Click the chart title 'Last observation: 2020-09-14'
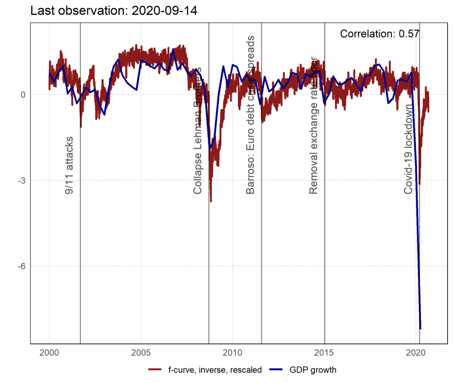pyautogui.click(x=114, y=11)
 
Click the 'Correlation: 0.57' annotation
pyautogui.click(x=380, y=34)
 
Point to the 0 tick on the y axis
pyautogui.click(x=23, y=95)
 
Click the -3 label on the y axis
pyautogui.click(x=22, y=180)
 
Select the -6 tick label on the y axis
pyautogui.click(x=22, y=266)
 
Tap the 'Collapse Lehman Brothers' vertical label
pyautogui.click(x=198, y=131)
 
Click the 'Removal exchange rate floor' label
pyautogui.click(x=314, y=126)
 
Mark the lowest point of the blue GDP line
pyautogui.click(x=420, y=328)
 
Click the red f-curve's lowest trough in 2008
pyautogui.click(x=211, y=201)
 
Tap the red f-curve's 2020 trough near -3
pyautogui.click(x=419, y=184)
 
